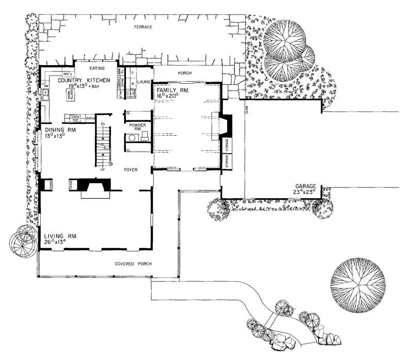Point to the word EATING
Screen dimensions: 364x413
98,68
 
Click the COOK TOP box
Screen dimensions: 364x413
74,118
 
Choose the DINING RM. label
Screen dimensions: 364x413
60,130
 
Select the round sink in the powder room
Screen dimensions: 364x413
132,138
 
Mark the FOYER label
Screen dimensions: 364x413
130,169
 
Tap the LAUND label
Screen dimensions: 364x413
144,82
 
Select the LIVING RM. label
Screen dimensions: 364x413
60,235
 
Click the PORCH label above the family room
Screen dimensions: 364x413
185,73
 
